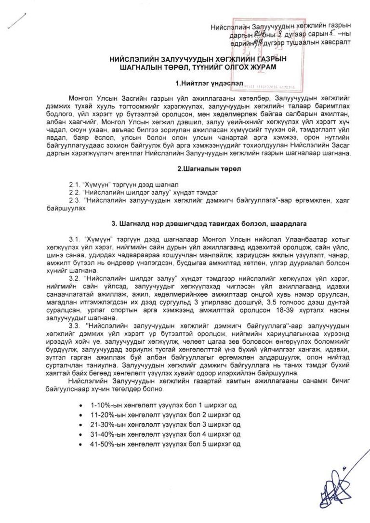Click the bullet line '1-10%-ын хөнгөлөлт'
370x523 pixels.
pos(163,405)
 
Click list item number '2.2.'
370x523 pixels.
pos(75,191)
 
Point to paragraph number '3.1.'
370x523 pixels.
pos(76,239)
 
